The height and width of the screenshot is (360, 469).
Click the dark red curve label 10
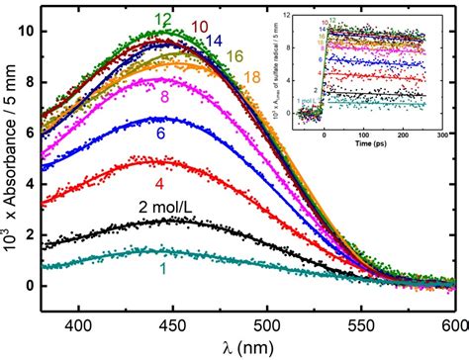(x=198, y=26)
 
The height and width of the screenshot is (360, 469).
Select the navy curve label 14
(x=214, y=41)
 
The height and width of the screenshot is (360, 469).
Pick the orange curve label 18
(x=253, y=74)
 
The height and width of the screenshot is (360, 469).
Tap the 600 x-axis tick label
(x=453, y=324)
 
